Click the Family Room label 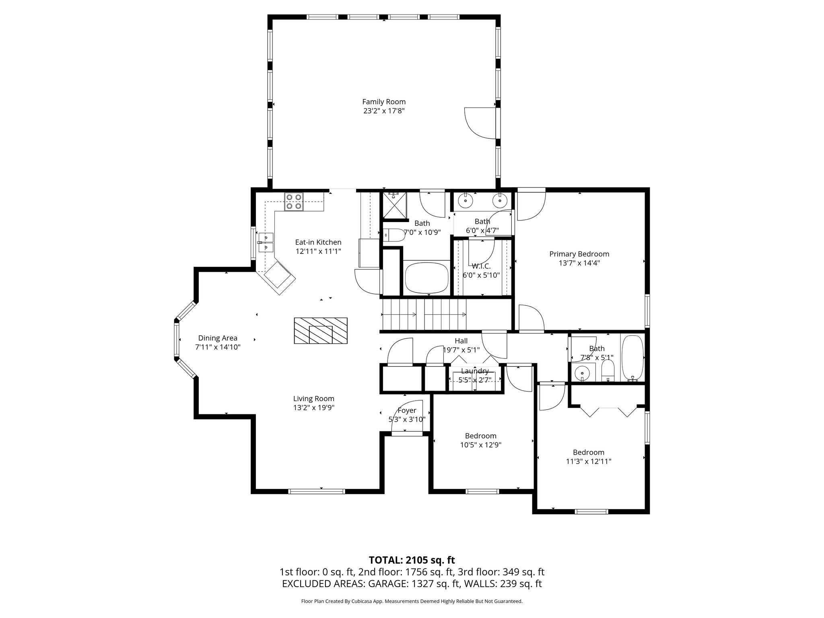pyautogui.click(x=383, y=102)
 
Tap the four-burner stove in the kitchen pyautogui.click(x=293, y=202)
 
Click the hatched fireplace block pyautogui.click(x=321, y=331)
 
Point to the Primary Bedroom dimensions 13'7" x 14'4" pyautogui.click(x=579, y=263)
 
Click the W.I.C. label pyautogui.click(x=481, y=266)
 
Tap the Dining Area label pyautogui.click(x=218, y=338)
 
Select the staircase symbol pyautogui.click(x=424, y=315)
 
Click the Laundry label pyautogui.click(x=475, y=371)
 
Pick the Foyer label pyautogui.click(x=407, y=410)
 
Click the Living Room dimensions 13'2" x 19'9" pyautogui.click(x=314, y=408)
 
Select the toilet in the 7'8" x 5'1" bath pyautogui.click(x=608, y=371)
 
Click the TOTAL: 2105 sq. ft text pyautogui.click(x=412, y=560)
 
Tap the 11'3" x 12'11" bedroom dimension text pyautogui.click(x=588, y=461)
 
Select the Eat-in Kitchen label pyautogui.click(x=318, y=242)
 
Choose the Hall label pyautogui.click(x=461, y=341)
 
